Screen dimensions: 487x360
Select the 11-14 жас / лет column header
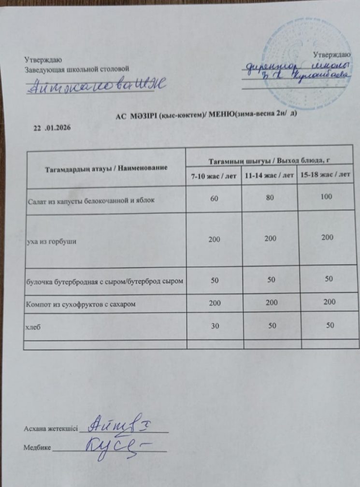point(269,176)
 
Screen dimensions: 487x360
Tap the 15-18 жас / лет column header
point(325,175)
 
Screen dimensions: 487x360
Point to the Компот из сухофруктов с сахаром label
point(80,305)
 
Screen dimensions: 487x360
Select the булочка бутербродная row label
point(104,281)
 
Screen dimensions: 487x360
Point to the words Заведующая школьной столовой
point(77,70)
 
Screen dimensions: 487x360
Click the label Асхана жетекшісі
point(50,429)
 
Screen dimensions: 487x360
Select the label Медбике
point(37,448)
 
